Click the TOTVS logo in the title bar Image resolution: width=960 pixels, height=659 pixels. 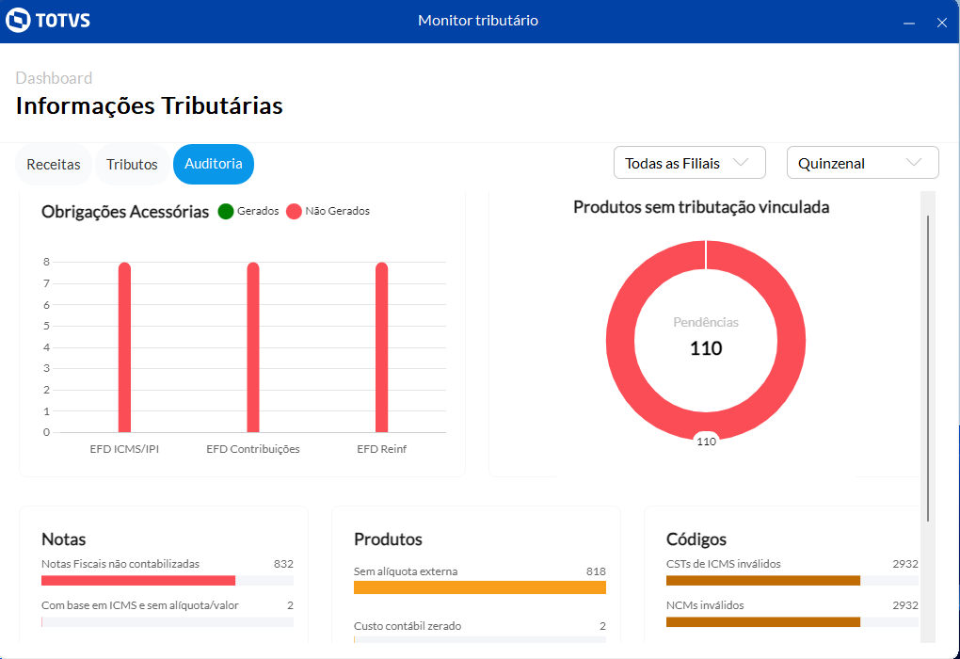pos(48,21)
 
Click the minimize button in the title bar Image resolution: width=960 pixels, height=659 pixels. pos(908,23)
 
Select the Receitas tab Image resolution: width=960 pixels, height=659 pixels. pos(54,165)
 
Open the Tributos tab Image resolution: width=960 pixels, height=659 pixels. pos(132,165)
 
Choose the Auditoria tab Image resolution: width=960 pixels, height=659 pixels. pos(214,164)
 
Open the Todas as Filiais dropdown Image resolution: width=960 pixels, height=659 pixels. pos(689,163)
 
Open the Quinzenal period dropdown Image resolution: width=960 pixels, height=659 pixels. pos(862,163)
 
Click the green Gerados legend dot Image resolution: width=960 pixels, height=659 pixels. pos(226,212)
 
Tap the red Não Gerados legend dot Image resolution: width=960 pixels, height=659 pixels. pos(294,212)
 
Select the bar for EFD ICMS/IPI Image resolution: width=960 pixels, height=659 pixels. pos(124,348)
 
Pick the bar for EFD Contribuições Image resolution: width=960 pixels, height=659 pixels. pos(253,348)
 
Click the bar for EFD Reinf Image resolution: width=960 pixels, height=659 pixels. pos(381,348)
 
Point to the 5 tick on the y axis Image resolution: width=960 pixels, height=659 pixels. pos(46,326)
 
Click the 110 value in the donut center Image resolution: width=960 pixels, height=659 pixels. pos(706,348)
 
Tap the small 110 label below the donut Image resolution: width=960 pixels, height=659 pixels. pos(706,441)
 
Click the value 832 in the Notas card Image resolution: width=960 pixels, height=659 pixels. pos(283,564)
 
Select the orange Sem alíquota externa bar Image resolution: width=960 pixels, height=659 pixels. pos(479,587)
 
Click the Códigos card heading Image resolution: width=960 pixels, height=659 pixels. pos(696,539)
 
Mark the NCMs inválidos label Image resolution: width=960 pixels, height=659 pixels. pos(705,605)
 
